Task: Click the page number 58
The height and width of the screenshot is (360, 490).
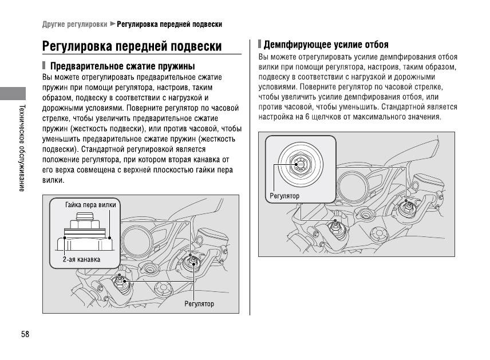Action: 25,334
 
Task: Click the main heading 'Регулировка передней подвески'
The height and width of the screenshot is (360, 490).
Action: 132,46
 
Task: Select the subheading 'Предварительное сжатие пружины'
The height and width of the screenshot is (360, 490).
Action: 123,66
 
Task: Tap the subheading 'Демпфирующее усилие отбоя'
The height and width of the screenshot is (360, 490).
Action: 326,45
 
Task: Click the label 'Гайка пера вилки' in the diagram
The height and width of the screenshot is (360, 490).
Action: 90,204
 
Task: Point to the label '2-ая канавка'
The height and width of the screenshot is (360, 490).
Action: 81,259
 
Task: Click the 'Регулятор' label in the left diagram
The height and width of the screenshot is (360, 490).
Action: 199,303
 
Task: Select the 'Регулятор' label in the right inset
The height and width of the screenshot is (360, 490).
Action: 284,196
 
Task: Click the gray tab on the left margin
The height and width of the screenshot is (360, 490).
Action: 13,95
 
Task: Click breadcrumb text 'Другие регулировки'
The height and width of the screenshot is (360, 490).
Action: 74,25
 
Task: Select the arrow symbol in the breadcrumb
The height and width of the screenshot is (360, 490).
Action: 113,25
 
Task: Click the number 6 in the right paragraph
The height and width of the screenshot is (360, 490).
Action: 307,117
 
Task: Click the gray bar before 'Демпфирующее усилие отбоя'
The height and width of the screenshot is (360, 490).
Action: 259,44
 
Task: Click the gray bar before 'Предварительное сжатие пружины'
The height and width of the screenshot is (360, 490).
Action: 44,66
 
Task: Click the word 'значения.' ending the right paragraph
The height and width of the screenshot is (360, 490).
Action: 425,117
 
